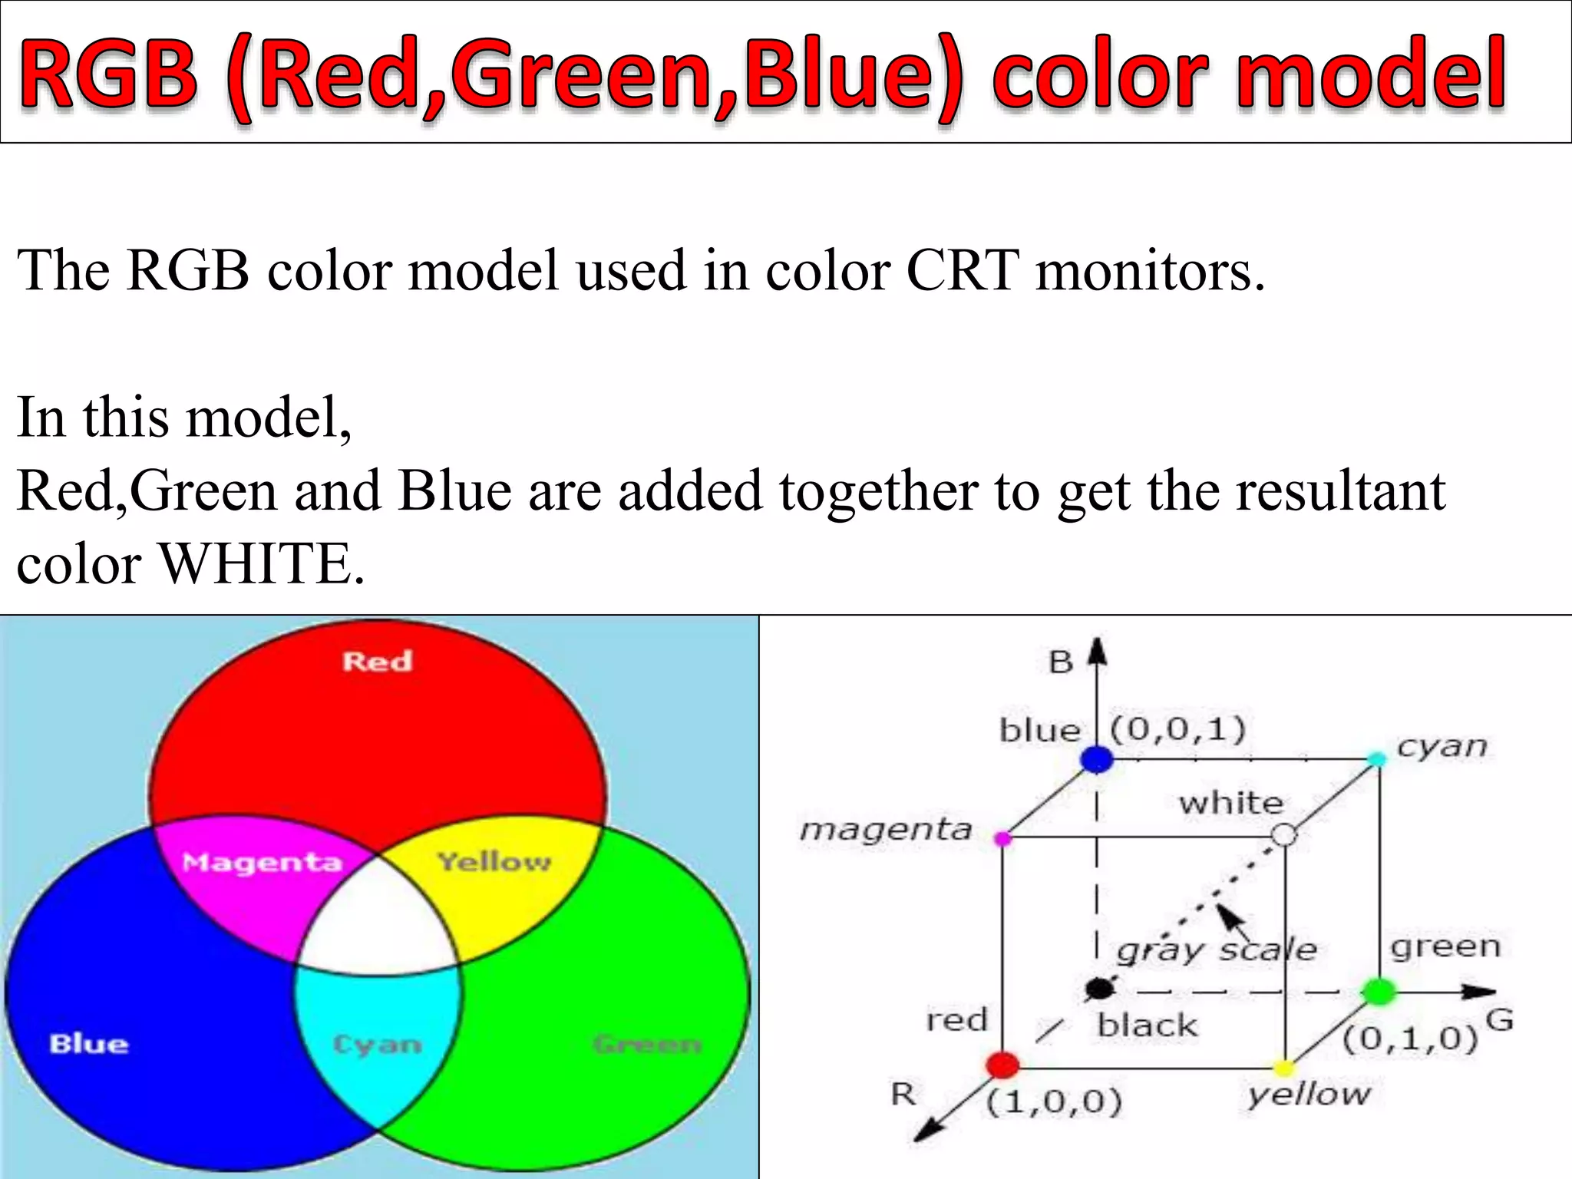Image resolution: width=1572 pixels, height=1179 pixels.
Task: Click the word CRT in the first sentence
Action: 963,272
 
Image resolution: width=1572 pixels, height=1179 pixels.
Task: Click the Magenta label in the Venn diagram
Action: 262,863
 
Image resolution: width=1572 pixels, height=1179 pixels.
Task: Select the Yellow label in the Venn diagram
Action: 494,862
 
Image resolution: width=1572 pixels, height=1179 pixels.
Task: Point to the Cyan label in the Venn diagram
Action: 377,1045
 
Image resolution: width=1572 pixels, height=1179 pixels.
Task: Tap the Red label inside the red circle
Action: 377,661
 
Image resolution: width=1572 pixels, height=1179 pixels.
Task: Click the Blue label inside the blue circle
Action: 89,1044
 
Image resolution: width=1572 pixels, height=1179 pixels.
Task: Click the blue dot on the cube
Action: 1096,759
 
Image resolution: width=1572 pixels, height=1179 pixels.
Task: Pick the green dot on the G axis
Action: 1379,992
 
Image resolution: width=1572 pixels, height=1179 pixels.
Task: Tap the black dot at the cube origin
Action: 1099,989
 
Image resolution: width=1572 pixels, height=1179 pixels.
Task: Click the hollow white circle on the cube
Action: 1284,834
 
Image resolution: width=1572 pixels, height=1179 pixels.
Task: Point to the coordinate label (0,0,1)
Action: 1177,729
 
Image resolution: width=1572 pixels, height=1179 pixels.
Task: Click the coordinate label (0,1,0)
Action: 1409,1039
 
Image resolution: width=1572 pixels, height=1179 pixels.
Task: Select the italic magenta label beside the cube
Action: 886,830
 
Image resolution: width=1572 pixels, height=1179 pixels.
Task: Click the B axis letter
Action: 1061,662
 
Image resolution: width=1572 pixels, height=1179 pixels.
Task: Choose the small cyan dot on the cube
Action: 1377,760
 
